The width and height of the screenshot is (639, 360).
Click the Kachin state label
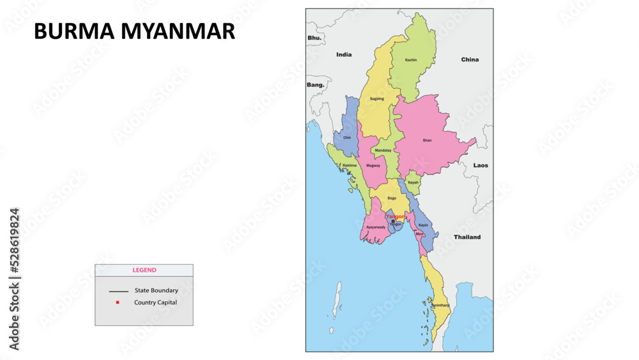pyautogui.click(x=411, y=60)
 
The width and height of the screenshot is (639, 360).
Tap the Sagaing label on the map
pyautogui.click(x=377, y=98)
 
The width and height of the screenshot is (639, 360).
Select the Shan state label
pyautogui.click(x=427, y=140)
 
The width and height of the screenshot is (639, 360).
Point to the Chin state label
pyautogui.click(x=347, y=137)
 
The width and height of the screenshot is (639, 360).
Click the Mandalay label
pyautogui.click(x=383, y=150)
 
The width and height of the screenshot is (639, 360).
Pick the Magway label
pyautogui.click(x=373, y=166)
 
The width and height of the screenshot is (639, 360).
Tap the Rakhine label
pyautogui.click(x=350, y=166)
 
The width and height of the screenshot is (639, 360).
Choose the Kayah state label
pyautogui.click(x=413, y=182)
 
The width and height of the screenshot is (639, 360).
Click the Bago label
pyautogui.click(x=392, y=198)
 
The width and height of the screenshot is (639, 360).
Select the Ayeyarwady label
pyautogui.click(x=376, y=227)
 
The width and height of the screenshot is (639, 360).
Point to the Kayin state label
pyautogui.click(x=423, y=225)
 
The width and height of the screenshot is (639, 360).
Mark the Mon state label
pyautogui.click(x=419, y=234)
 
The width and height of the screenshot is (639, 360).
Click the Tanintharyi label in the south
pyautogui.click(x=440, y=306)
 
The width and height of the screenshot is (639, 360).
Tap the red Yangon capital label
pyautogui.click(x=396, y=217)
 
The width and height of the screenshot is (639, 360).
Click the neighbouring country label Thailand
pyautogui.click(x=467, y=237)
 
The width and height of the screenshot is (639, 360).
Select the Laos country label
pyautogui.click(x=481, y=166)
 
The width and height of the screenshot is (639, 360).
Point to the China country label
pyautogui.click(x=470, y=59)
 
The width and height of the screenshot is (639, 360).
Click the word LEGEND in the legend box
pyautogui.click(x=144, y=270)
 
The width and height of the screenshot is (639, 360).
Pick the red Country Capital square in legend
pyautogui.click(x=118, y=302)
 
